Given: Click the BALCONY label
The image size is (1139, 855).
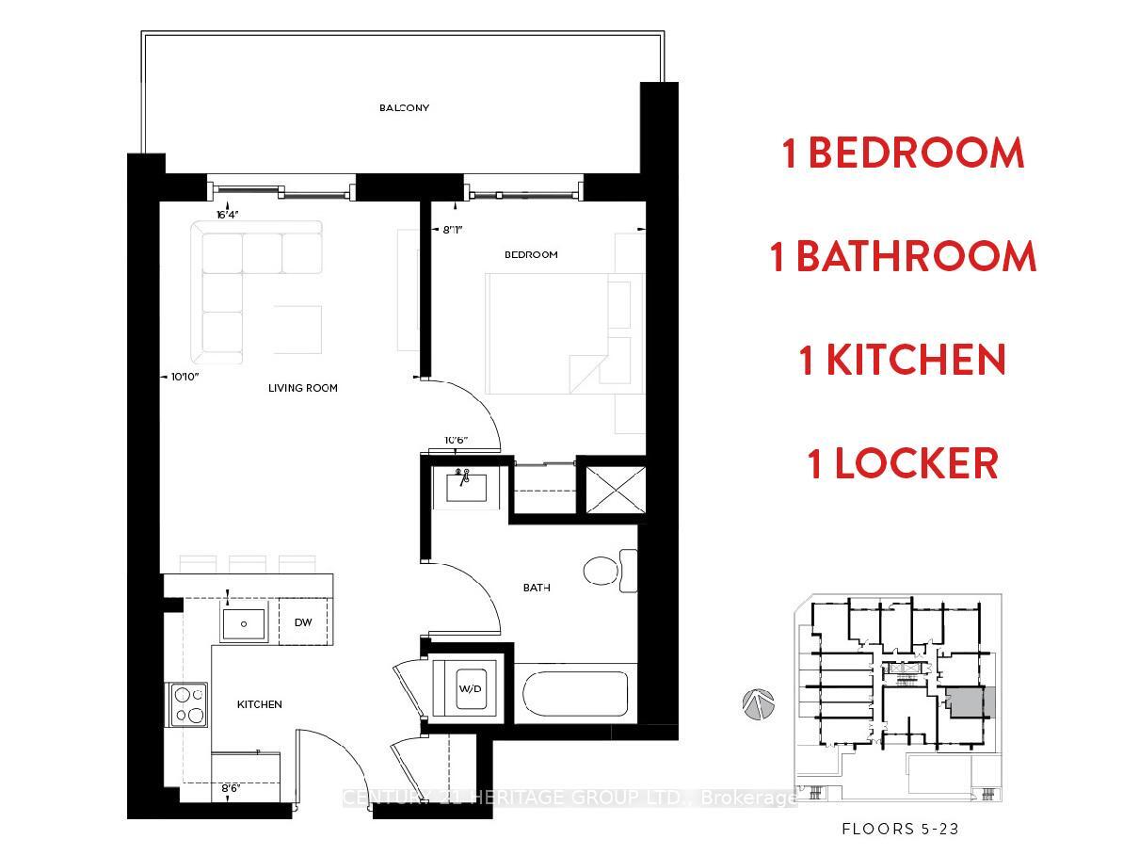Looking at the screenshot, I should click(404, 108).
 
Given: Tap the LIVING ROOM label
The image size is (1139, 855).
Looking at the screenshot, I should click(302, 388).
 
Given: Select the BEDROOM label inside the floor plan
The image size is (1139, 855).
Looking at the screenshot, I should click(531, 254).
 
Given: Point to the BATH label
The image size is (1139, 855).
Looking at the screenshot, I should click(537, 588).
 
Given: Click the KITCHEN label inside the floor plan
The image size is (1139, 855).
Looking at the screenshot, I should click(259, 704).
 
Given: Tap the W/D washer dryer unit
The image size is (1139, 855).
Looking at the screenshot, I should click(470, 689).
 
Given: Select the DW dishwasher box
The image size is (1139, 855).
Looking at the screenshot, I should click(303, 622).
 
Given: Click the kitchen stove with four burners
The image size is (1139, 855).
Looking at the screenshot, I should click(189, 704).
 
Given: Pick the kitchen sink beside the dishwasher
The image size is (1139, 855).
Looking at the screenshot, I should click(245, 623).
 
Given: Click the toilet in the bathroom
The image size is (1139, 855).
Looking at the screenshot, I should click(607, 571).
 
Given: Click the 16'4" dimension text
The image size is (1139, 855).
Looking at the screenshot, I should click(228, 215).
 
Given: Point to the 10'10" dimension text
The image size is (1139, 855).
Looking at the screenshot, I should click(184, 377).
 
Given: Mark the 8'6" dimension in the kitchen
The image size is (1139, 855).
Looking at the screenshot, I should click(232, 788).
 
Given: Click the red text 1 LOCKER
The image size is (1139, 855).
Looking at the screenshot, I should click(903, 464).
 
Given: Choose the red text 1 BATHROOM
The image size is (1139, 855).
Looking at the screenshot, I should click(903, 257).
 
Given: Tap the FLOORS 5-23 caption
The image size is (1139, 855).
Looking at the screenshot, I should click(900, 830).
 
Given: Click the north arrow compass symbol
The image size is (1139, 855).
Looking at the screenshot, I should click(758, 704).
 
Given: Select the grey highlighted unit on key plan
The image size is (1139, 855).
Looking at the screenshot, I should click(967, 703).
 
